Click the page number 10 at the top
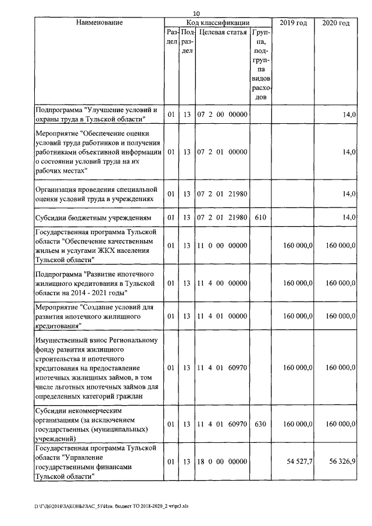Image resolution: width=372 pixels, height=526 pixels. click(196, 13)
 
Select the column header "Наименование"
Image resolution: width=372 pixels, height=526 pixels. click(99, 23)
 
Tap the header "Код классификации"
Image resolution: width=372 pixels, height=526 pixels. click(219, 23)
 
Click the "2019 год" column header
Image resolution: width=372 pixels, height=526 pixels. click(294, 23)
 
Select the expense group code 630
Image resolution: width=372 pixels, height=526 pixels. click(260, 425)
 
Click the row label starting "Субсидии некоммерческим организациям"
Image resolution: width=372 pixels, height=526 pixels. click(94, 425)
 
